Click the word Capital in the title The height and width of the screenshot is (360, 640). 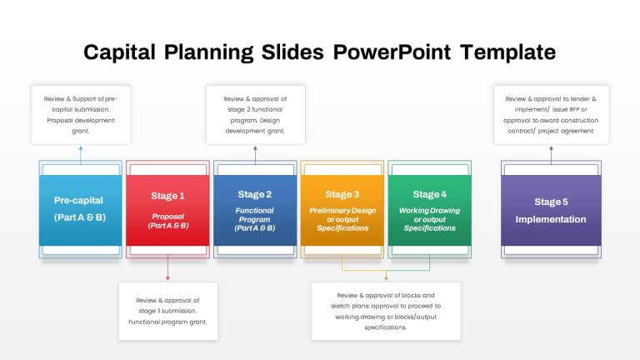coord(119,52)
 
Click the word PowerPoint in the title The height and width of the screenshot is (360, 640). coord(392,52)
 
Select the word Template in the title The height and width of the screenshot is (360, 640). coord(507,52)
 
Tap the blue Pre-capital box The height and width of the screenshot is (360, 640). coord(80,210)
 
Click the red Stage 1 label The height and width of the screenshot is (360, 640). coord(167,196)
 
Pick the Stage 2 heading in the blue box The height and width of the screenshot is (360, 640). coord(255,194)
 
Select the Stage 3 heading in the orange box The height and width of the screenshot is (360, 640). coord(342,194)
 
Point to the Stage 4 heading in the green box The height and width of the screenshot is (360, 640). coord(429,194)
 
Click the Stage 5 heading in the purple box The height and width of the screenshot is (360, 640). coord(551,202)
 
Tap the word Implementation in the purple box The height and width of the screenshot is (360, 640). coord(551,219)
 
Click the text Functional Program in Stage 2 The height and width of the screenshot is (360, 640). coord(254,215)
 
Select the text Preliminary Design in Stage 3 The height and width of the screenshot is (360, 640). coord(342,211)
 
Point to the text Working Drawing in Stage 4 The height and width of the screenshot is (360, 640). coord(429,211)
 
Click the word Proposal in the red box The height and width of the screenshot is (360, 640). coord(167,217)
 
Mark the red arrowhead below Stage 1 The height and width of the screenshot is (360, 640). coord(167,278)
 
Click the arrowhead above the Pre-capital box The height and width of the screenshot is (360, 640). coord(81,148)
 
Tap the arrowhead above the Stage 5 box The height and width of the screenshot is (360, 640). coord(551,148)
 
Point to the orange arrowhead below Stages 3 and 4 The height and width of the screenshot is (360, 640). coord(386,278)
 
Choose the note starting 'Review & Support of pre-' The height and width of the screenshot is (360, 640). coord(81,115)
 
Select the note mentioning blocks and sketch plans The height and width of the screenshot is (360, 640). coord(386,311)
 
